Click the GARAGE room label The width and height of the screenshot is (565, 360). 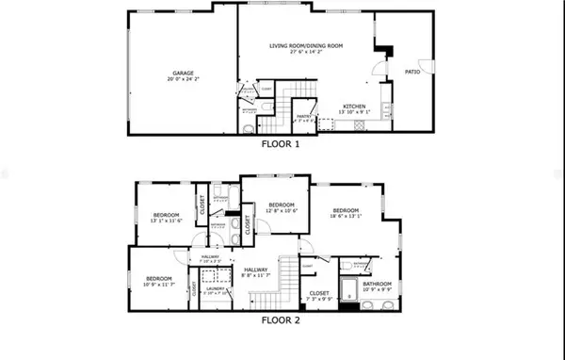point(183,72)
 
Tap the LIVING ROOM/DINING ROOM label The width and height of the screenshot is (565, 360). point(305,46)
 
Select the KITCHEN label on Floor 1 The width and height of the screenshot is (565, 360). point(354,106)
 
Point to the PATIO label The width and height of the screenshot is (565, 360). point(412,70)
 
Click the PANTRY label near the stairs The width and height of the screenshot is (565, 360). point(304,117)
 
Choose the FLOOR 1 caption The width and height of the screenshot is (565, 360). point(282,145)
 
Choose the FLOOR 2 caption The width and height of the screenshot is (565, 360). point(282,319)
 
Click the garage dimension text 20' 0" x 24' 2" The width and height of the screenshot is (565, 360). point(183,78)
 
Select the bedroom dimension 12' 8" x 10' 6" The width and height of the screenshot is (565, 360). point(282,212)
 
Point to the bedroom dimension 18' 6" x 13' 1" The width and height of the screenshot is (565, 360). point(346,217)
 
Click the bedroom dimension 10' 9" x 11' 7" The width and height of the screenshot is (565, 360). point(158,284)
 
